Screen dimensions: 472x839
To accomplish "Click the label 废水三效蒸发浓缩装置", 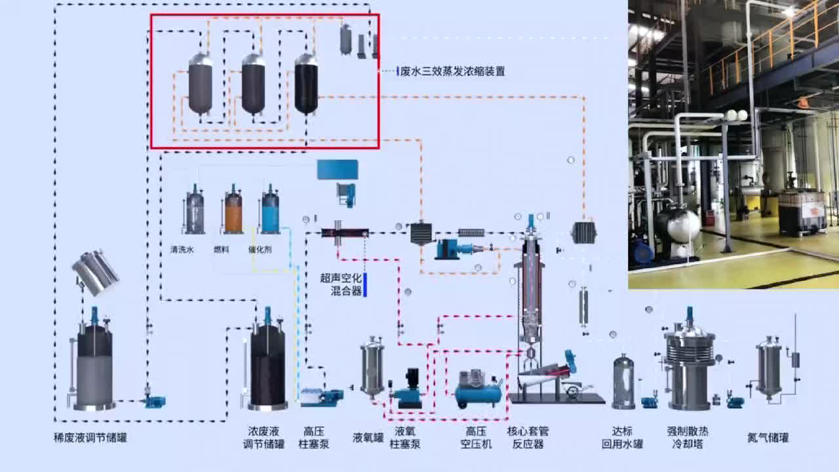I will tap(453, 71).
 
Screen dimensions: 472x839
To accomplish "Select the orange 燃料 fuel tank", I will tap(233, 211).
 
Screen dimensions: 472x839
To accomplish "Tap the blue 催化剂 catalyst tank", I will tap(270, 211).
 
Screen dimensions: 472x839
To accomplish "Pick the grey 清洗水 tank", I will tap(195, 211).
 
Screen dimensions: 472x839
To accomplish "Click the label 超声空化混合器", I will tap(341, 285).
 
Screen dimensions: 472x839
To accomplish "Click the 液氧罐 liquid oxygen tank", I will tap(372, 367).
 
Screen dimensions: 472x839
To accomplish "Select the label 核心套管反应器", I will tap(528, 438).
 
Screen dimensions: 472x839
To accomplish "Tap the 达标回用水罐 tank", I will tap(623, 382).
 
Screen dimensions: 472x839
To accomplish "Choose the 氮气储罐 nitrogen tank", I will tap(770, 367).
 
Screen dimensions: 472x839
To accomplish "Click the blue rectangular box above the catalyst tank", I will tap(338, 170).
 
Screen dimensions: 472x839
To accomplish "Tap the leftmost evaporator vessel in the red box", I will tap(201, 85).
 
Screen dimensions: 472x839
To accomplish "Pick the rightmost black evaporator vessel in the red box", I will tap(306, 84).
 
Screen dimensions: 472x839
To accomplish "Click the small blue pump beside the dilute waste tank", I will tap(155, 401).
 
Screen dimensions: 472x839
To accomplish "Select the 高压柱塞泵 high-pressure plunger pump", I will tap(321, 397).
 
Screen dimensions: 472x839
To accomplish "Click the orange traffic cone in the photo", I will tap(803, 103).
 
